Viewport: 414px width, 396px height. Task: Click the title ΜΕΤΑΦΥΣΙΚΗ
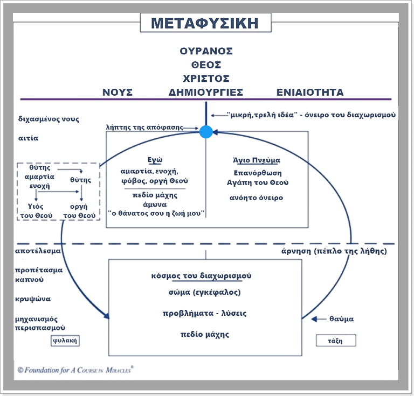tap(204, 24)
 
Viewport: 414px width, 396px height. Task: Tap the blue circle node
tap(206, 131)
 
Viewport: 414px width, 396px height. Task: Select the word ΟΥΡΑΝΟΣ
tap(206, 51)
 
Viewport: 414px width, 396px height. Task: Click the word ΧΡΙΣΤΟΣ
tap(206, 78)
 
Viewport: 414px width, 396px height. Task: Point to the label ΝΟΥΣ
tap(118, 92)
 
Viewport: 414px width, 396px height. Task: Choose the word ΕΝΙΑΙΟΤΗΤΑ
tap(310, 92)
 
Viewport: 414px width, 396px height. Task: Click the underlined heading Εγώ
tap(155, 160)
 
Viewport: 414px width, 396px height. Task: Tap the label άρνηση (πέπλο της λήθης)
tap(334, 251)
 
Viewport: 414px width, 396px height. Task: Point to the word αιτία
tap(28, 138)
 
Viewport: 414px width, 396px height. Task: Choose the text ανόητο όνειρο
tap(256, 197)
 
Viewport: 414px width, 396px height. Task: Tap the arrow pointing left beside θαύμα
tap(319, 319)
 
